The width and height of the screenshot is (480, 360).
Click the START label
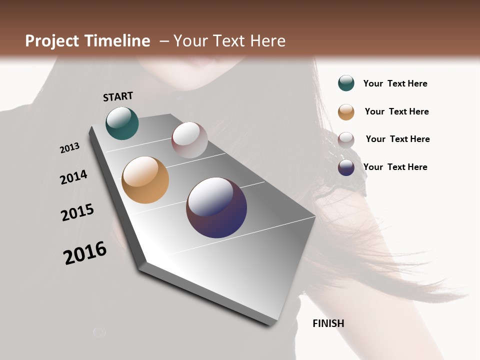click(118, 96)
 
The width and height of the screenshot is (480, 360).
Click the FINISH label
click(328, 323)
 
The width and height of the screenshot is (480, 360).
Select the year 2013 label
click(70, 148)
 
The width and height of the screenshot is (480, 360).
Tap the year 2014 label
click(73, 177)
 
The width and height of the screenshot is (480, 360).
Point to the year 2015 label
click(77, 212)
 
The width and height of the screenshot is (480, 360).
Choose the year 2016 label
click(85, 253)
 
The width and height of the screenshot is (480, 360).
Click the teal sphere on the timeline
click(122, 123)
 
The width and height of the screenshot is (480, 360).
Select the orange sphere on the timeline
click(145, 180)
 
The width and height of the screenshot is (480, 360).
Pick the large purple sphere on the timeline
click(216, 207)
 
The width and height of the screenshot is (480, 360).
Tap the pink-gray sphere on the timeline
click(189, 140)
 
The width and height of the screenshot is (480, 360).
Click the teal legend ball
click(346, 83)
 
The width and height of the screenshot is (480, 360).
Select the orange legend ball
click(346, 112)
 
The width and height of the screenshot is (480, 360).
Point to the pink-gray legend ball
click(346, 140)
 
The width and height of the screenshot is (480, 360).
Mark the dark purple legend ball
click(346, 167)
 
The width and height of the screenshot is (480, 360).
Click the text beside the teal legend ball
click(395, 83)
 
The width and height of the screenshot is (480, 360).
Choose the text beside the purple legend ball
click(395, 167)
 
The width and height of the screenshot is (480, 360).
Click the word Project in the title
click(52, 41)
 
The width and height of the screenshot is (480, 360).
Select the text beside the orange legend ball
click(396, 111)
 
